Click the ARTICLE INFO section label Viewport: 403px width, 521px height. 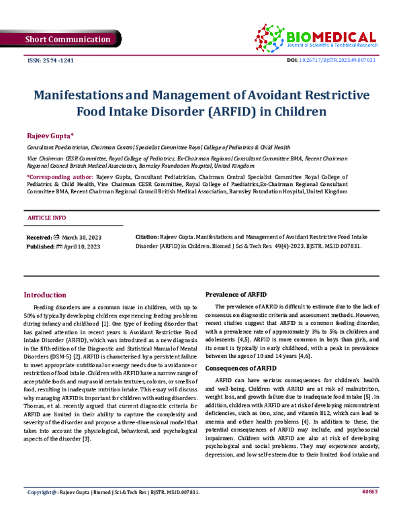tap(46, 219)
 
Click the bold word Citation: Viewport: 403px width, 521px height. tap(147, 238)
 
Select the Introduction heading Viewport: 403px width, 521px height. tap(45, 295)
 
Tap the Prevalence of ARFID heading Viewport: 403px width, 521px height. tap(237, 295)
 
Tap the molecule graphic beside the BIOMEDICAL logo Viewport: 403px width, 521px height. tap(271, 35)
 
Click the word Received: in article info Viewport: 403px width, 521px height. tap(39, 238)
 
